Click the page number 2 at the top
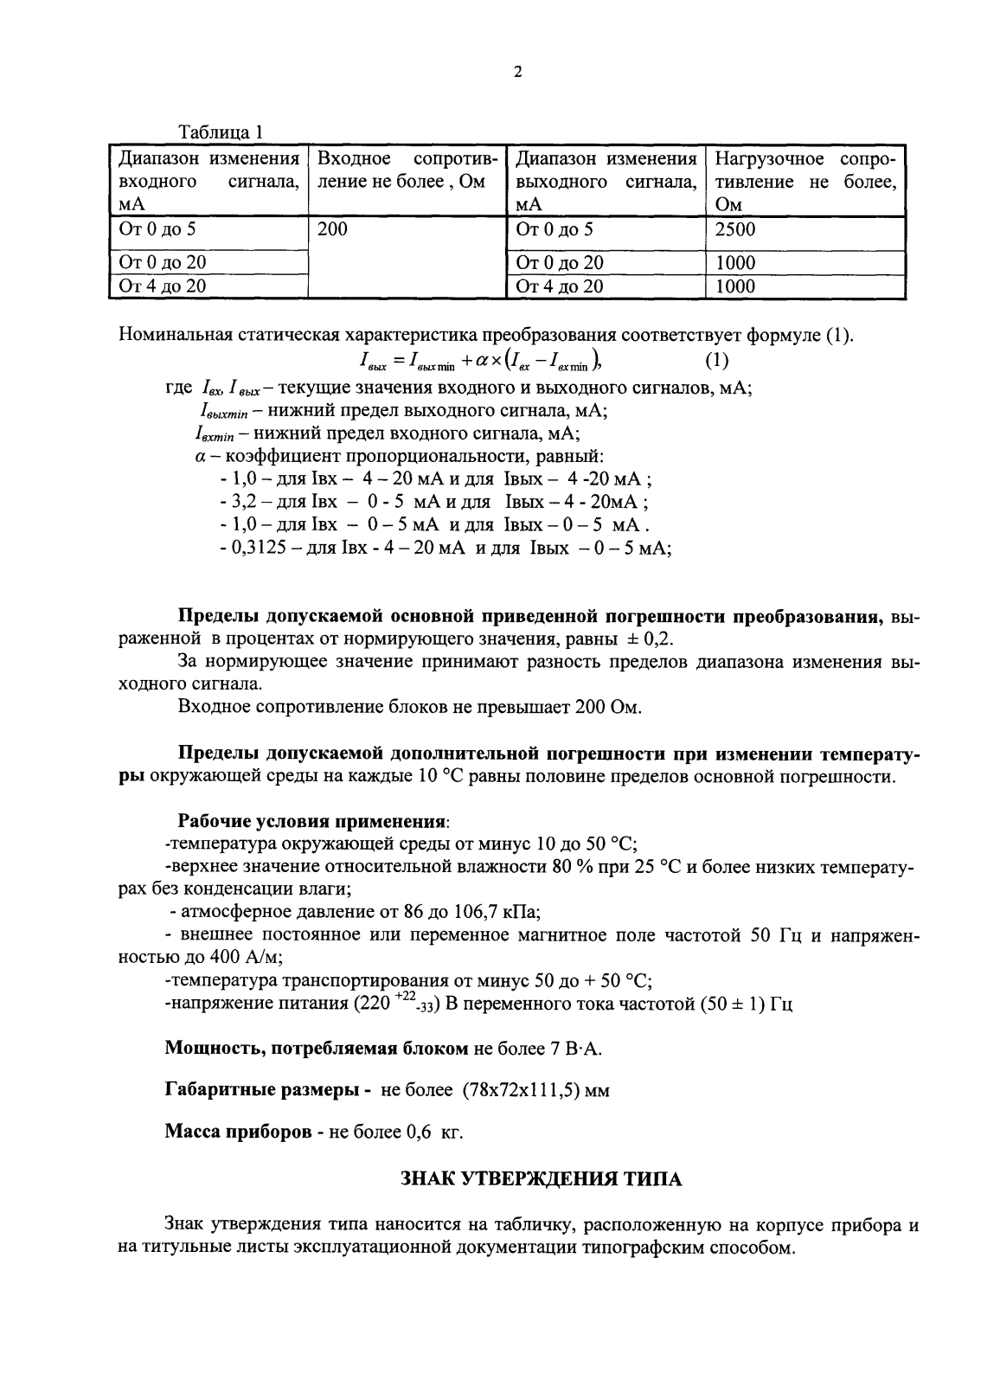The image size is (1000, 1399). [x=517, y=73]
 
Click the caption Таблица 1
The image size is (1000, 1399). [x=220, y=133]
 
